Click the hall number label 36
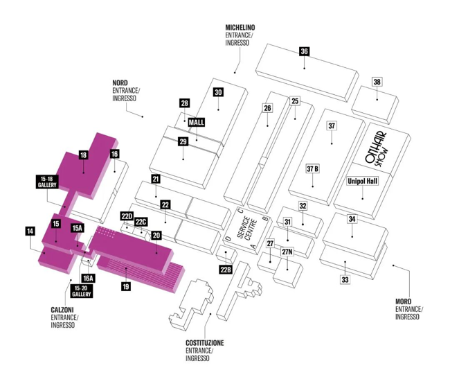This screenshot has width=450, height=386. pos(304,51)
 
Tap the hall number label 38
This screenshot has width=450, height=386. pos(377,82)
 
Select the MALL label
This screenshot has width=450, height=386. pos(197,123)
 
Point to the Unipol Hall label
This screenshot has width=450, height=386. pos(363,182)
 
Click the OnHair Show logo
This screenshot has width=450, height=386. pos(377,150)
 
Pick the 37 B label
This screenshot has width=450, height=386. pos(312,169)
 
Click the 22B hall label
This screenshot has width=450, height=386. pos(226,270)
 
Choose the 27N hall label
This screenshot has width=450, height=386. pos(287,252)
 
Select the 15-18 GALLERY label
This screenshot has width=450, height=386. pos(47,182)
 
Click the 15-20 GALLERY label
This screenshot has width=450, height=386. pos(82,291)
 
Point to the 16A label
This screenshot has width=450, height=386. pos(88,278)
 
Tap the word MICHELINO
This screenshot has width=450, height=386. pos(240,28)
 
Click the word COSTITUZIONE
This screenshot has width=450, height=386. pos(205,343)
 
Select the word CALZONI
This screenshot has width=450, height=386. pos(62,310)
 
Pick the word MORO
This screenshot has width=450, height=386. pos(403,301)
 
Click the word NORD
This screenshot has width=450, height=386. pos(120,83)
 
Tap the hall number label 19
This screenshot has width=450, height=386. pos(126,286)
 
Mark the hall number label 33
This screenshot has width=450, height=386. pos(345,279)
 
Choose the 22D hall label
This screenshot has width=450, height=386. pos(127,216)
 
